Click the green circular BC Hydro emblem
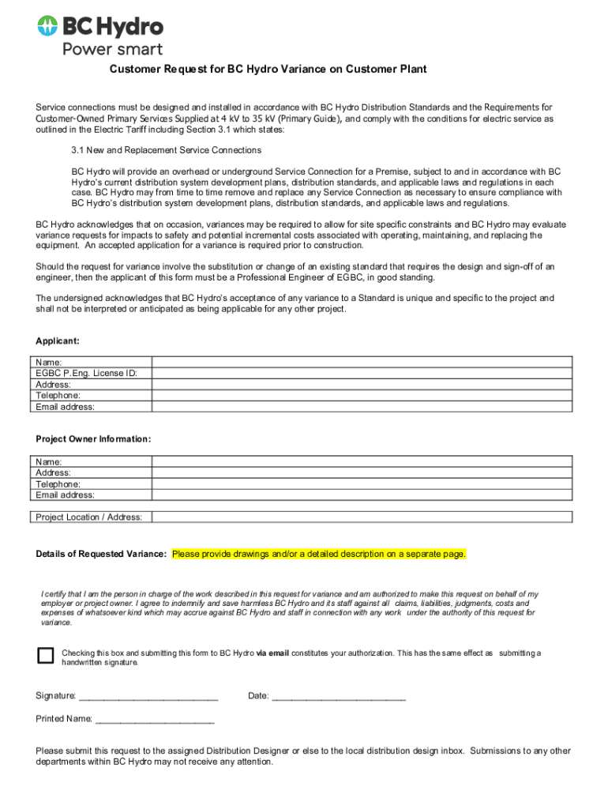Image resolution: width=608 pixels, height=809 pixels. [x=47, y=26]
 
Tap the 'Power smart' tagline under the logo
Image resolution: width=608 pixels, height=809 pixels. [x=112, y=49]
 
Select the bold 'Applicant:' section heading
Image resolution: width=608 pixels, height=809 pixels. [x=58, y=341]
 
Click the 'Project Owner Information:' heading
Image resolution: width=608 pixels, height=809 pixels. [x=93, y=439]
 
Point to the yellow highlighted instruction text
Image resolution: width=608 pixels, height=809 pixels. [x=319, y=554]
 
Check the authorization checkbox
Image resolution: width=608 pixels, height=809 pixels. [x=46, y=655]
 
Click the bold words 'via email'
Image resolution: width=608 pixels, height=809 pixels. [x=273, y=653]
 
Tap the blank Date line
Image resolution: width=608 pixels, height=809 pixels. [x=339, y=697]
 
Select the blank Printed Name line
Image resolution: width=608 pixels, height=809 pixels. [x=155, y=720]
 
